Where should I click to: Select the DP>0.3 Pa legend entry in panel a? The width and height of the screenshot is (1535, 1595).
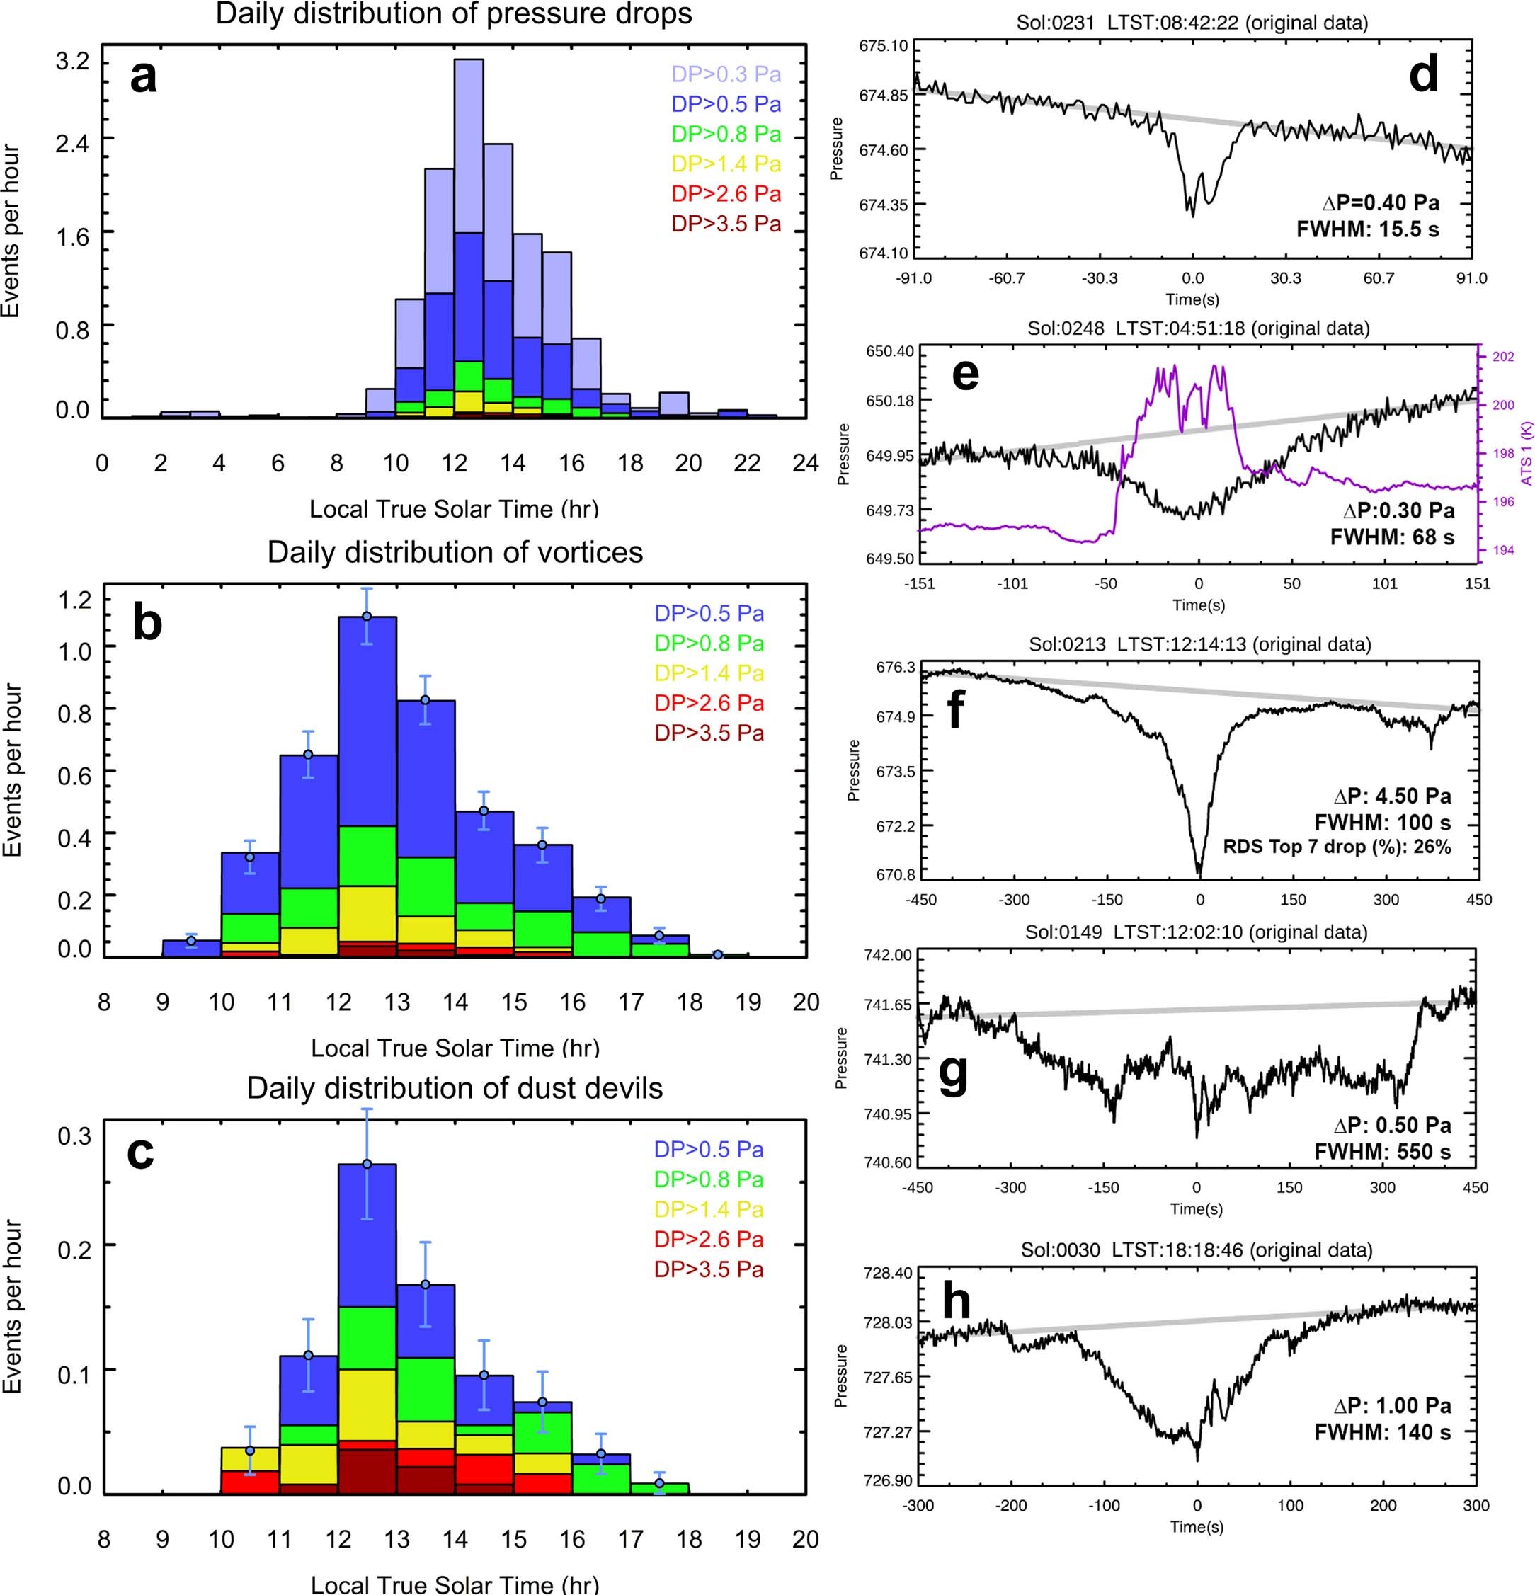726,75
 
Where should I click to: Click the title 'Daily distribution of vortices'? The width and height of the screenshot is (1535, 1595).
455,553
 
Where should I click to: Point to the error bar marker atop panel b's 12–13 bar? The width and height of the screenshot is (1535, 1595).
367,616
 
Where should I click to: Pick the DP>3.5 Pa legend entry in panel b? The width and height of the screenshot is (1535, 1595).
709,733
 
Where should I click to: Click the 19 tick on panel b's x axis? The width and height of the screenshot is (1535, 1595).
748,1002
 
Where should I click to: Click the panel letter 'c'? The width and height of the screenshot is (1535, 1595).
140,1152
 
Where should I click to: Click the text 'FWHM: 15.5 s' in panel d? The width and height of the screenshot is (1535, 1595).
1367,229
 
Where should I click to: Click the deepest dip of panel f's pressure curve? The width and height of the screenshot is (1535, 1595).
1199,873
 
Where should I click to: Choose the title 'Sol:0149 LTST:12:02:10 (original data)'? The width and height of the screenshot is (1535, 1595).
1196,932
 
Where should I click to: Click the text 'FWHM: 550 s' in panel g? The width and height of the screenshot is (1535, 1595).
1383,1153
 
